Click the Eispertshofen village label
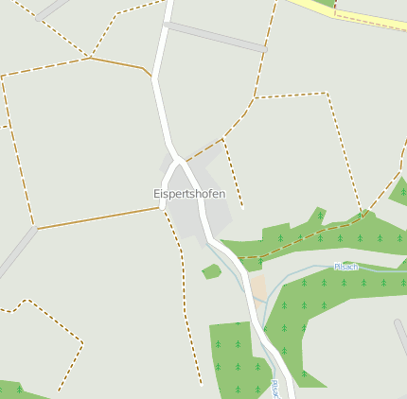189,194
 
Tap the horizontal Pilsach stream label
346,267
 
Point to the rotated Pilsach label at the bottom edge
274,389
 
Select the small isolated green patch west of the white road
212,272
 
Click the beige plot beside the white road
258,286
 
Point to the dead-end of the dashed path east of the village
242,206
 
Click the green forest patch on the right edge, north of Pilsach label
399,192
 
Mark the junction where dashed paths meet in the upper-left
90,58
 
